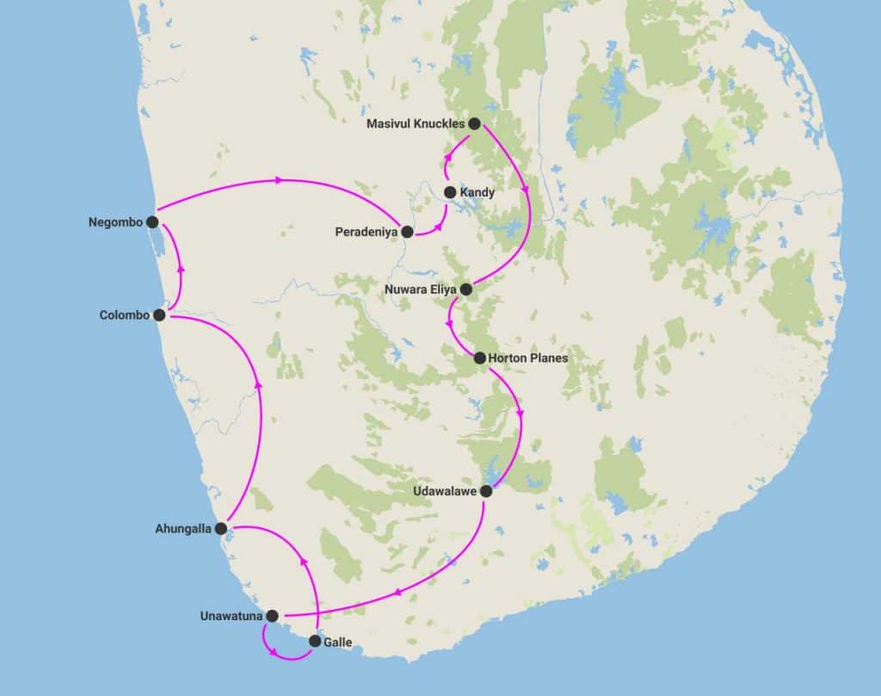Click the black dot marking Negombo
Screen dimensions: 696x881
[152, 221]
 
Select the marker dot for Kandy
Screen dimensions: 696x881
[450, 192]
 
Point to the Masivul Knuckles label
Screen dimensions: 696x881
[416, 124]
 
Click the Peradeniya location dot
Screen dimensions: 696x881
[407, 231]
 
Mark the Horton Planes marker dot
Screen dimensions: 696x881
[480, 357]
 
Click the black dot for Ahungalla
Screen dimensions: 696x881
[221, 528]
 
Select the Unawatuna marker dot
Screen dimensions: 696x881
[273, 616]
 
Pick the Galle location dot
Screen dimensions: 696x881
[315, 641]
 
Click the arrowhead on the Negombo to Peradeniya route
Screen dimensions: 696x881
[279, 180]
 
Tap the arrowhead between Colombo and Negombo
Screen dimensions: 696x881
[181, 267]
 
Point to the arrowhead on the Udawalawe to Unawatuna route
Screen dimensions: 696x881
[397, 593]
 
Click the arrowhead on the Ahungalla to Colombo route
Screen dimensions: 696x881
[259, 385]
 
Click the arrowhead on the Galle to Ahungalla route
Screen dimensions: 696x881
[302, 561]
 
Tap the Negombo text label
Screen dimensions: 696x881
[114, 222]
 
